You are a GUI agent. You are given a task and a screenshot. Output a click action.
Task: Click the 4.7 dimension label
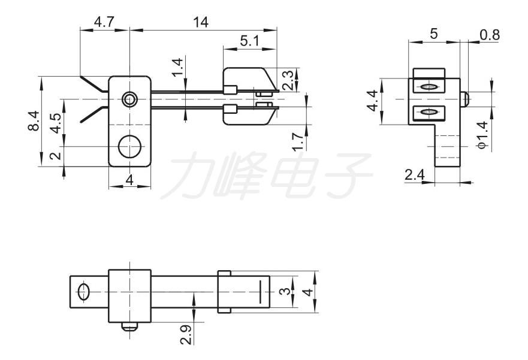104,23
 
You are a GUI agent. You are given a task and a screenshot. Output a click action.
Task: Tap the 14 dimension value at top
201,23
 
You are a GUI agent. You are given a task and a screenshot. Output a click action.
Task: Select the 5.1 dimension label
250,41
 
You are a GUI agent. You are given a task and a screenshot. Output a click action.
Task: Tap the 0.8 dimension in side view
490,35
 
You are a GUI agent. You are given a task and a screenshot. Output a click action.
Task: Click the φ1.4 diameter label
482,135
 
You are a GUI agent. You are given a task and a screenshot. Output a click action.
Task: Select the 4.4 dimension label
373,102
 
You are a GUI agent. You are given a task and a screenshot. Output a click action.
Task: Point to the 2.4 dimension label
415,175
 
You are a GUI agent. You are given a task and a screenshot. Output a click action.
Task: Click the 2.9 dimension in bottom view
186,334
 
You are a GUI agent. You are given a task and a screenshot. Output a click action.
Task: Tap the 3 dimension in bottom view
285,291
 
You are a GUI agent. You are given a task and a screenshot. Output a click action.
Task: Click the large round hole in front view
130,146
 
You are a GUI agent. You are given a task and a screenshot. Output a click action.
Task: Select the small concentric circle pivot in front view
129,99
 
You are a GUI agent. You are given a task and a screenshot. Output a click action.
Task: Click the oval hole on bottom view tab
83,291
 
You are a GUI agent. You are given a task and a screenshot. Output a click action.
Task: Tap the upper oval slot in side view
429,87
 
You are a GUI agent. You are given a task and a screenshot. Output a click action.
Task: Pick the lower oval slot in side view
429,111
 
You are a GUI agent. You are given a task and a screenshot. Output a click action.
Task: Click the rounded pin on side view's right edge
464,99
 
